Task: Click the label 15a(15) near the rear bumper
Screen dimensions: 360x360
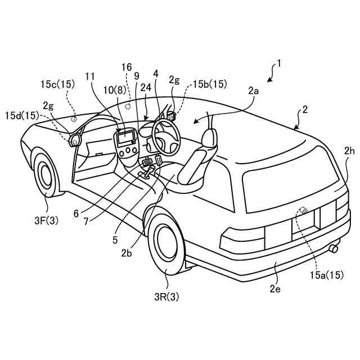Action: [x=326, y=275]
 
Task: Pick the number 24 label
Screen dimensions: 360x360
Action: [x=145, y=88]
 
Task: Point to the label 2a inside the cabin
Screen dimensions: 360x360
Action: [x=253, y=90]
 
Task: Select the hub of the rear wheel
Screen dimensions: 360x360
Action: [x=166, y=244]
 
